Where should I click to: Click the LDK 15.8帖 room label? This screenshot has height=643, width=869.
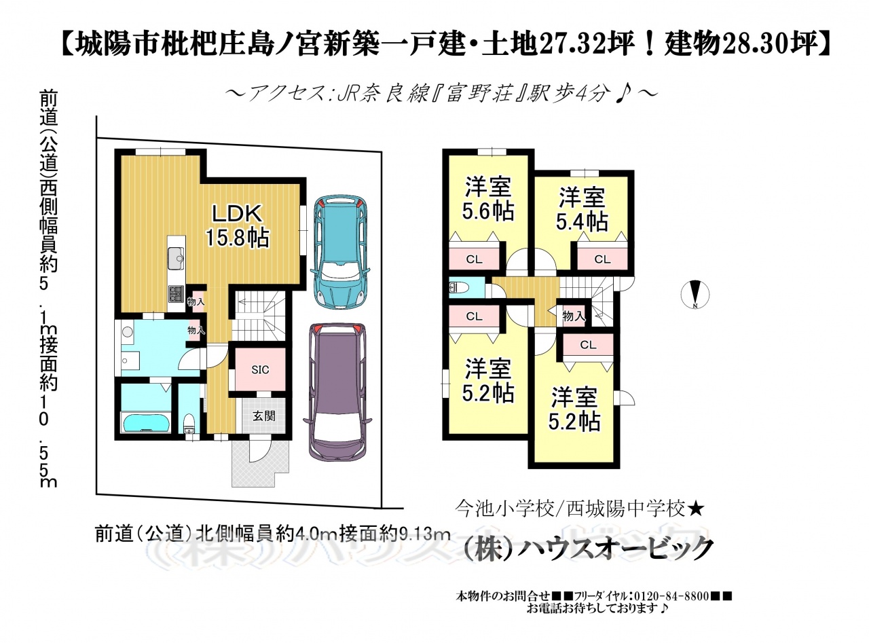click(x=238, y=226)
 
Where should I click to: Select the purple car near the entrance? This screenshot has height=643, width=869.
click(x=337, y=392)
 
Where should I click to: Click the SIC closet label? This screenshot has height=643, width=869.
click(x=260, y=369)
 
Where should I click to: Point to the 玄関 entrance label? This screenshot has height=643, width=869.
click(x=263, y=416)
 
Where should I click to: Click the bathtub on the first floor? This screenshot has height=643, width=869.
click(x=147, y=422)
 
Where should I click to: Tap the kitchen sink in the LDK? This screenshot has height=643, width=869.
click(x=177, y=259)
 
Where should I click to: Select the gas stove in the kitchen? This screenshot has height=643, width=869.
click(x=177, y=294)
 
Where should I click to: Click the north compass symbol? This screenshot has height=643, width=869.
click(x=695, y=295)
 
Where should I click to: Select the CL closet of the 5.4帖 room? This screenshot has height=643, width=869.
click(x=602, y=259)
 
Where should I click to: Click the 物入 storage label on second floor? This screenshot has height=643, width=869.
click(x=574, y=316)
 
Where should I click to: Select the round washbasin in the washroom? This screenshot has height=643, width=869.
click(x=128, y=332)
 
